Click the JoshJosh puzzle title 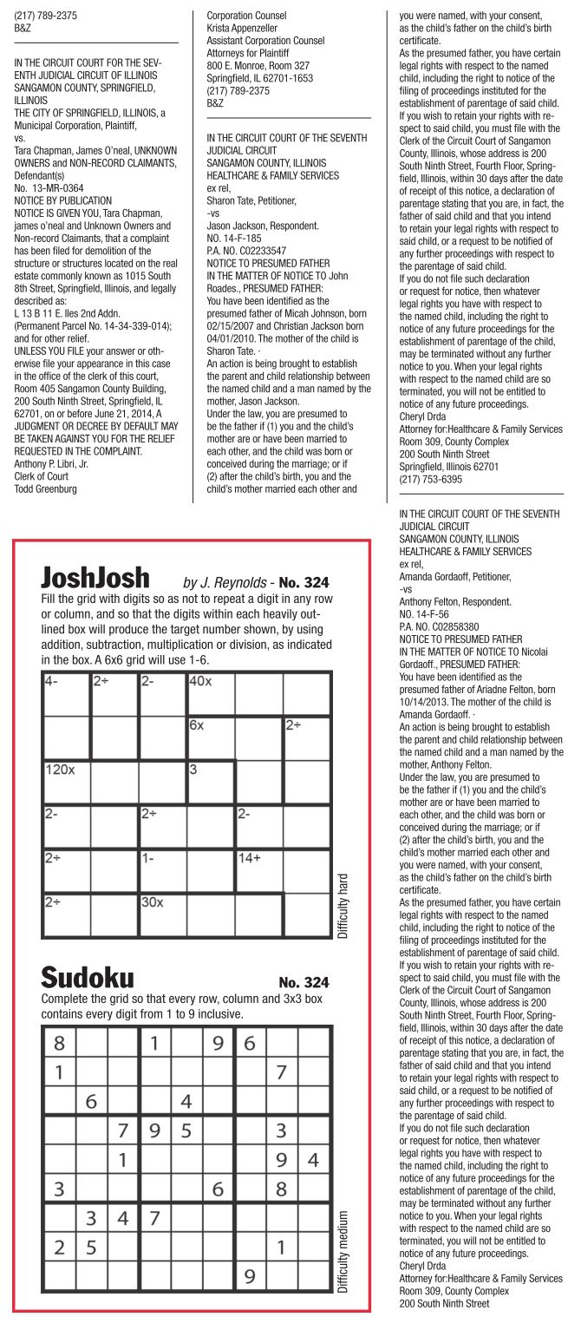[x=95, y=578]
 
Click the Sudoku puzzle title [x=88, y=979]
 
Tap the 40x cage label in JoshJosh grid [x=199, y=681]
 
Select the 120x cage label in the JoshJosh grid [x=60, y=769]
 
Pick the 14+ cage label [x=249, y=857]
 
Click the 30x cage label [x=153, y=901]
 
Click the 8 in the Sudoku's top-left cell [x=59, y=1042]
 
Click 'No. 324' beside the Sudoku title [x=304, y=982]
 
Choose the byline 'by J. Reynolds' [x=223, y=582]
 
